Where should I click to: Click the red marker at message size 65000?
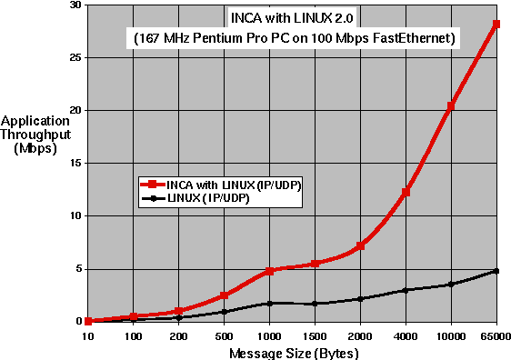click(x=496, y=25)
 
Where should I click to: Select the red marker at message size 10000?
click(x=451, y=106)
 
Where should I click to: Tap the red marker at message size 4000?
click(x=406, y=192)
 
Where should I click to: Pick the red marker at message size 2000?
click(x=360, y=245)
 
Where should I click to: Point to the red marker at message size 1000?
click(x=269, y=271)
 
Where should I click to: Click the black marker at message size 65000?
click(x=496, y=271)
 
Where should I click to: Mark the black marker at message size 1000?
click(x=269, y=303)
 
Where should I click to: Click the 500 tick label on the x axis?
click(x=224, y=335)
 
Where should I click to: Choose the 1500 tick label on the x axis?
click(x=315, y=335)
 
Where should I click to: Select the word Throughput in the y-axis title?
click(x=36, y=135)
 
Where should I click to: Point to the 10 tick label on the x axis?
click(x=87, y=335)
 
